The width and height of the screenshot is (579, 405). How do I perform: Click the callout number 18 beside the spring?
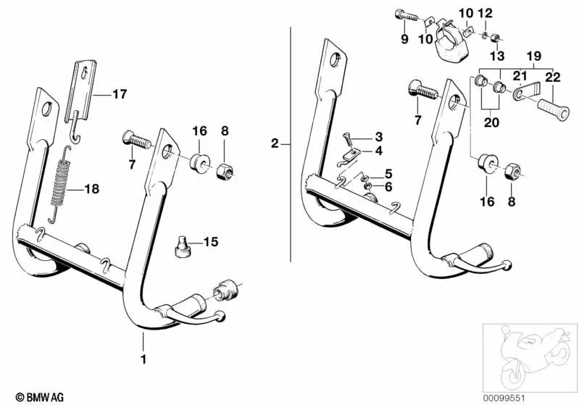tap(92, 189)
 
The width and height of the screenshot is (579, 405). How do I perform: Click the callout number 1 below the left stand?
tap(143, 359)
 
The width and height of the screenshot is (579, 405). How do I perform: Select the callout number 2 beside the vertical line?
tap(274, 144)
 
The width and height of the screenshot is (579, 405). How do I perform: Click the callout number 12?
tap(486, 13)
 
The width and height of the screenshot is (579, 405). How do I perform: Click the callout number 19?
tap(534, 54)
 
